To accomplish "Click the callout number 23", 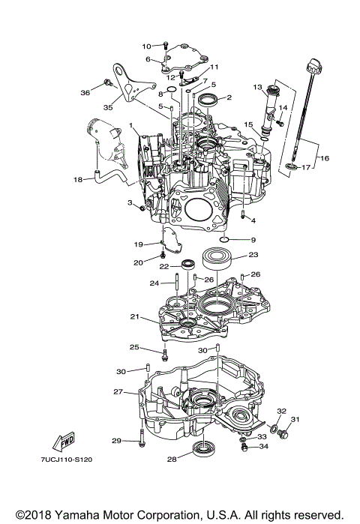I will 253,255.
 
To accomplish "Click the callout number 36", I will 85,92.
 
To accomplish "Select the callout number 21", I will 133,318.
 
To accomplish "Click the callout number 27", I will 118,391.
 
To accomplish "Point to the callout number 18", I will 78,180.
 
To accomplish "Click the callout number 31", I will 295,419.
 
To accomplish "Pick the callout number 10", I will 146,46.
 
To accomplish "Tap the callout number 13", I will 256,88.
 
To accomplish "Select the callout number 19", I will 139,244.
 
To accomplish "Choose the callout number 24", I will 154,283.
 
